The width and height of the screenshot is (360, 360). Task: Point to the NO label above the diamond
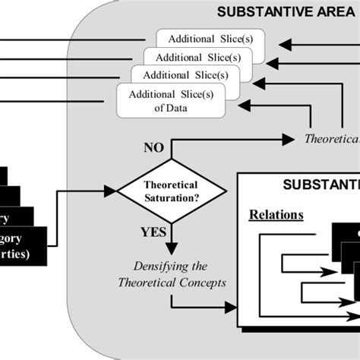coord(154,148)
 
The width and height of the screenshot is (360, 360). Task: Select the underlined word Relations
coord(276,214)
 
